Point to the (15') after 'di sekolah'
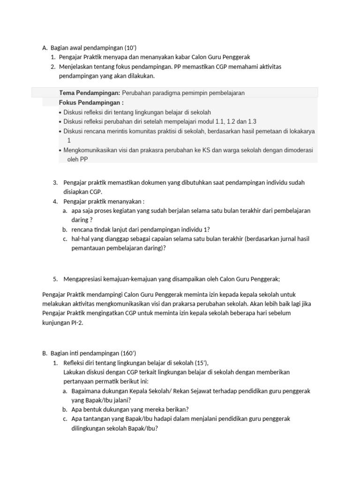pos(200,362)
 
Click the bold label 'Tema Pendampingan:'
pos(90,93)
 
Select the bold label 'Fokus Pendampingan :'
pos(91,102)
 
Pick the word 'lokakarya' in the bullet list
pos(302,131)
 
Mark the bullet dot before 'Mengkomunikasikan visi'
pos(60,150)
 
